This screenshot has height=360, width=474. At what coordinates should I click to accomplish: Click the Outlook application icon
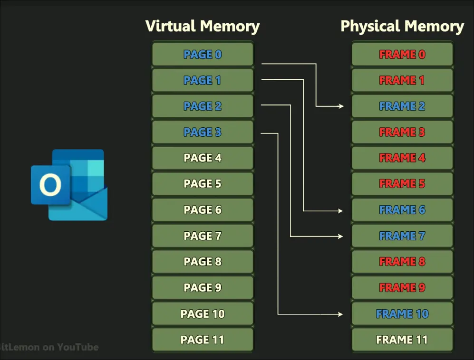point(69,185)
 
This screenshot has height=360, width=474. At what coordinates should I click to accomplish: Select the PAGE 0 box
point(203,54)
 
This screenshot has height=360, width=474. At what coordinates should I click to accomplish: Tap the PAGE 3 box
point(203,132)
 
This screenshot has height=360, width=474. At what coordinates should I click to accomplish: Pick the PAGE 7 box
point(203,236)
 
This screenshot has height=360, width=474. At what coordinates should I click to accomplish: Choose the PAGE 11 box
point(203,340)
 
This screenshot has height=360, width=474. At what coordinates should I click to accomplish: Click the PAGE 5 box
point(203,184)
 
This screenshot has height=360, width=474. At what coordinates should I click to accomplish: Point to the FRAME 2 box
point(402,106)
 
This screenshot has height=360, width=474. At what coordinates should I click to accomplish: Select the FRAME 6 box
point(402,210)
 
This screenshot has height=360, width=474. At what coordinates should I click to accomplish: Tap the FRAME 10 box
point(402,314)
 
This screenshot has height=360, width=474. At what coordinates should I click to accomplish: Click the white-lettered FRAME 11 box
point(402,340)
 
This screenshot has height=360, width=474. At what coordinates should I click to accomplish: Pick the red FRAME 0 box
point(402,54)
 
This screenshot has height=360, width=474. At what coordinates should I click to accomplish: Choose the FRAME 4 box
point(402,158)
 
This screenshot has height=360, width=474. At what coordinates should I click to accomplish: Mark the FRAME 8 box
point(402,262)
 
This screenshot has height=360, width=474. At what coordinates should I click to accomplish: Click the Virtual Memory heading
point(203,26)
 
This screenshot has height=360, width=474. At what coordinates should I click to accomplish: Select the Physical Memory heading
point(402,26)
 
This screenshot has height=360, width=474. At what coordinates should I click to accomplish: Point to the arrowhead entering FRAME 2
point(341,106)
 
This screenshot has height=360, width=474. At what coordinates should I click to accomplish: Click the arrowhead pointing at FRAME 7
point(341,236)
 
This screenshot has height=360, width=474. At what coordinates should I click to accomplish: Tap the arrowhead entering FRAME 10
point(341,314)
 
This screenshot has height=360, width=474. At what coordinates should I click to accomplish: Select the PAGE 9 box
point(203,288)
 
